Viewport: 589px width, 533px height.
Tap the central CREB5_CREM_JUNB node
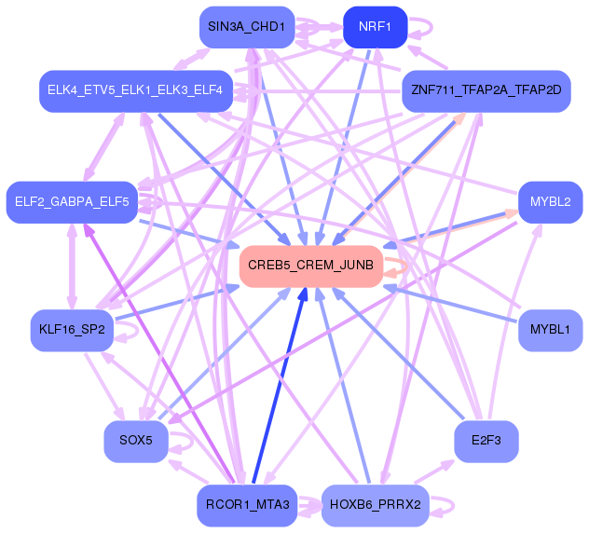pyautogui.click(x=310, y=266)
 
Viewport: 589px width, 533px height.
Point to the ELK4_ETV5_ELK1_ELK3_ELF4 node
pyautogui.click(x=134, y=90)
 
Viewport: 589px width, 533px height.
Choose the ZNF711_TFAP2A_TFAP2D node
pyautogui.click(x=485, y=91)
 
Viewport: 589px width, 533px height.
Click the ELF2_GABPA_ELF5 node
pyautogui.click(x=73, y=201)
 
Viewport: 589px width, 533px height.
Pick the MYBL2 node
pyautogui.click(x=550, y=201)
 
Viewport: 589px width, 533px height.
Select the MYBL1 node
pyautogui.click(x=550, y=330)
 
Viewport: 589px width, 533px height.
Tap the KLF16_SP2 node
pyautogui.click(x=72, y=330)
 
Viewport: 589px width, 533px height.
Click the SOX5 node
pyautogui.click(x=136, y=440)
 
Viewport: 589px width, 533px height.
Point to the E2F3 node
pyautogui.click(x=486, y=440)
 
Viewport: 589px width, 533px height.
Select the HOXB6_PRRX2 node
pyautogui.click(x=375, y=506)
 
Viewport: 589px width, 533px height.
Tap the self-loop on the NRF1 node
pyautogui.click(x=422, y=22)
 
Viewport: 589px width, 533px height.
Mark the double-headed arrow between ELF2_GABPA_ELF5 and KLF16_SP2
pyautogui.click(x=72, y=266)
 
